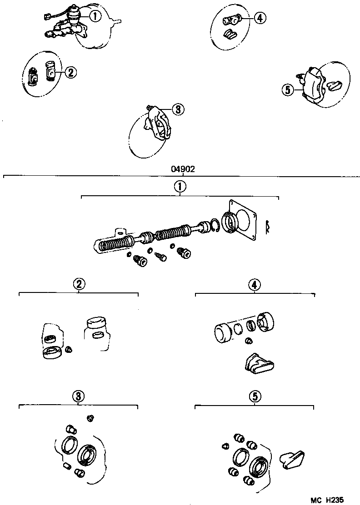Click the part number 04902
(x=183, y=169)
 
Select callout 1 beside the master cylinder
(x=95, y=17)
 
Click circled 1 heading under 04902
(x=180, y=187)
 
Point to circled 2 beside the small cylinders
(x=70, y=72)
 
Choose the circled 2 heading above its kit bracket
(x=79, y=284)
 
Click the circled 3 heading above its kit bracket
(x=79, y=396)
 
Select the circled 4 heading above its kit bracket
(x=255, y=284)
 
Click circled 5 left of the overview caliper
(x=287, y=90)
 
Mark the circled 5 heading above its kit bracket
(x=255, y=396)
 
